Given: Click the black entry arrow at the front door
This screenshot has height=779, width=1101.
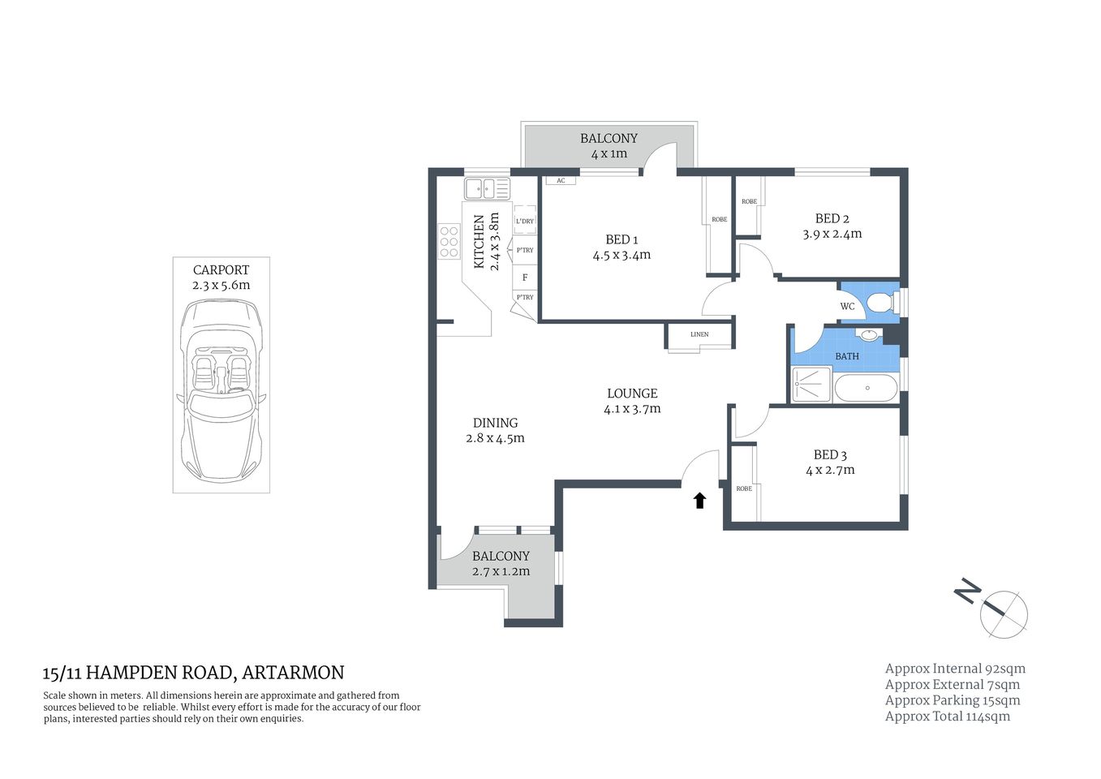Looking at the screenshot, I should tap(699, 500).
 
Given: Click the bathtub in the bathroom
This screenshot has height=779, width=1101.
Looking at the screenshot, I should tap(866, 387).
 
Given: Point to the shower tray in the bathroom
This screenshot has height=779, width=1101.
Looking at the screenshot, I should tap(811, 384).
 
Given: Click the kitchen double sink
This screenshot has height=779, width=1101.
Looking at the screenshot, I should tap(487, 189).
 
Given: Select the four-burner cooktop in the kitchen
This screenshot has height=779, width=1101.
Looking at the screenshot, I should tap(449, 242).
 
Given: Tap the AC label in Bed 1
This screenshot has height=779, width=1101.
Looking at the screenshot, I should tap(561, 181).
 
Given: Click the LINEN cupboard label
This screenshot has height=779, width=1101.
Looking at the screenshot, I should tap(699, 334).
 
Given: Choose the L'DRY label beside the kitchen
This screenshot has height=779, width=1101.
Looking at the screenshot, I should tap(525, 222).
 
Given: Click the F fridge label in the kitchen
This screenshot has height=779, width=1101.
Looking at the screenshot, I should tap(525, 278).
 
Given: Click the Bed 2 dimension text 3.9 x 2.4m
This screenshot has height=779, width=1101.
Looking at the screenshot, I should tap(832, 234).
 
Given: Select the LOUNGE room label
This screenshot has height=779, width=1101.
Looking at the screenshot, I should tap(632, 394).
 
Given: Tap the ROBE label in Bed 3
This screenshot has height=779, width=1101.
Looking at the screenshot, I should tap(744, 488).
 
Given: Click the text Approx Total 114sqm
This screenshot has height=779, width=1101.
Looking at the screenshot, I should tap(947, 717).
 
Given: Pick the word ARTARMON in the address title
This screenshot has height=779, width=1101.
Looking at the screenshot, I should tap(293, 673).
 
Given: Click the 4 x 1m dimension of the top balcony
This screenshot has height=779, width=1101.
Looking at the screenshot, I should tap(609, 154).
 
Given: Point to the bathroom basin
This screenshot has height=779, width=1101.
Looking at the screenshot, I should tap(868, 334).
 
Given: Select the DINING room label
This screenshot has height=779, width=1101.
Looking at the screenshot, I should tap(495, 423).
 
